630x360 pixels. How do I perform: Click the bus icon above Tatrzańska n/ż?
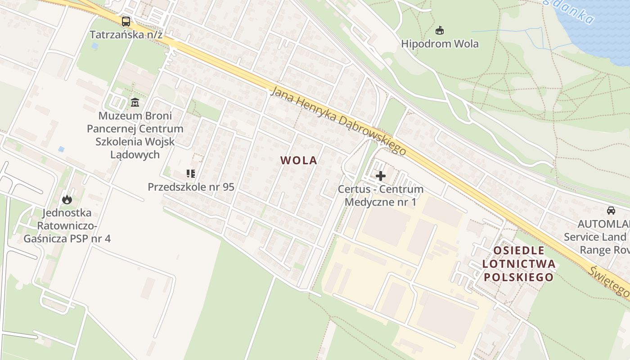point(126,21)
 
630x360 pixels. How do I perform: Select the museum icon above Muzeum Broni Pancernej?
point(135,103)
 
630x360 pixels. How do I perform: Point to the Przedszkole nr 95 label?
point(191,187)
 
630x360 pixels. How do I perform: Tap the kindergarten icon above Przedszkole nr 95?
point(190,174)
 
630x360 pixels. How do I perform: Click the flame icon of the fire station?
point(67,199)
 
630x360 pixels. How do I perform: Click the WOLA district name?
point(299,161)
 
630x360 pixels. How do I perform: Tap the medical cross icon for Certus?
point(381,175)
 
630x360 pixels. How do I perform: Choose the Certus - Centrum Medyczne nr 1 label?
point(381,196)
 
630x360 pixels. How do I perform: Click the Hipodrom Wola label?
point(440,44)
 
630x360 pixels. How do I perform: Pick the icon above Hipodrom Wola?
point(440,31)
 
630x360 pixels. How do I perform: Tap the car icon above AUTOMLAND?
point(611,211)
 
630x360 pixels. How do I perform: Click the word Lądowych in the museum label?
point(135,155)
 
